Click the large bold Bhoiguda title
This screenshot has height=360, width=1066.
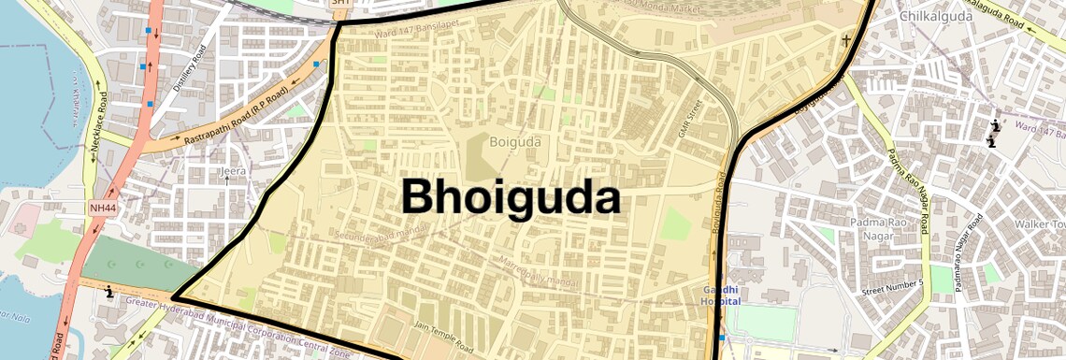pos(511,197)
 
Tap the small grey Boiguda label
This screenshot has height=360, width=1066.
pos(516,141)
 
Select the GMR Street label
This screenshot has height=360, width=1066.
pos(690,119)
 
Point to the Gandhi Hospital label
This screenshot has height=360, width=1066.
pos(722,295)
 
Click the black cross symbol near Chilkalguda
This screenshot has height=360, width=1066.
pos(847,40)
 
